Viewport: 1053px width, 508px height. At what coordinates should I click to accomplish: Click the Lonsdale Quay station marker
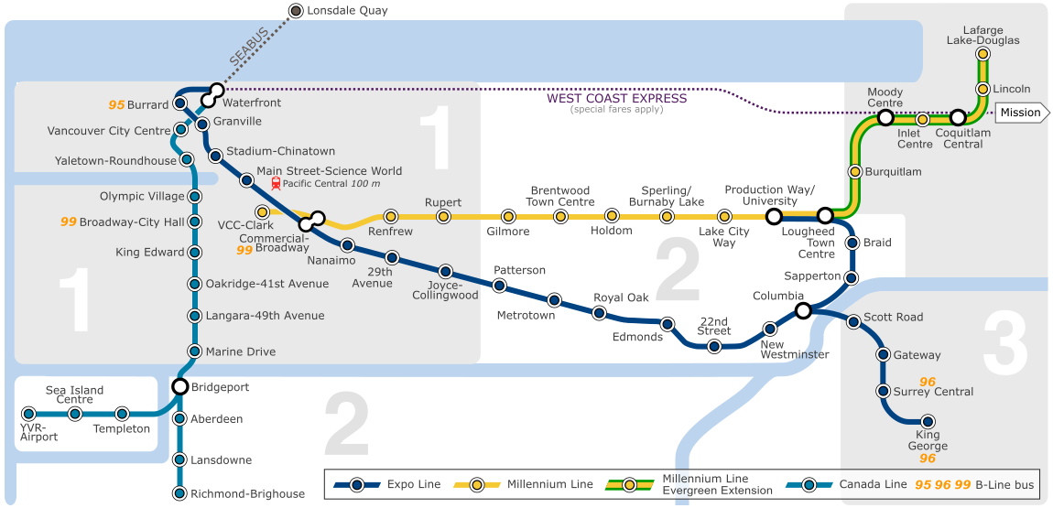296,11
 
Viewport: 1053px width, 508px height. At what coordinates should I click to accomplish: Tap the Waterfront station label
252,103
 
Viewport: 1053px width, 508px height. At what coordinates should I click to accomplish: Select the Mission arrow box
1019,113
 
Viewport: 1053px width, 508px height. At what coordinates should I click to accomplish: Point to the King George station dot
928,422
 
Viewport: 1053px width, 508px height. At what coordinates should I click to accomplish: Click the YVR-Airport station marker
28,414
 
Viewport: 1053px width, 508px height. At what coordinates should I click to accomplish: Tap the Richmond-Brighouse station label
247,494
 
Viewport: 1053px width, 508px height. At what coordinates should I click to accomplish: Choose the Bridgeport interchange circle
180,386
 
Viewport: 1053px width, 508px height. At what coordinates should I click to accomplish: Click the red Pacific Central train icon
276,183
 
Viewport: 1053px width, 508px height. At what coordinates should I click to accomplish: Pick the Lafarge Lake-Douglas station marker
982,54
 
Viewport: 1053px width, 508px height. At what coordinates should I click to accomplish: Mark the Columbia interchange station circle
803,310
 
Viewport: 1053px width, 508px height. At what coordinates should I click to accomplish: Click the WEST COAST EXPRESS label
617,99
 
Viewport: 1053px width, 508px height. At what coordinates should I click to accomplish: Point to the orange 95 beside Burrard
116,105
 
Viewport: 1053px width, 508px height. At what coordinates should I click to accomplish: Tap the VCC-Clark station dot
263,212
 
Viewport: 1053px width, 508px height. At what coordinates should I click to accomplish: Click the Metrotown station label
526,315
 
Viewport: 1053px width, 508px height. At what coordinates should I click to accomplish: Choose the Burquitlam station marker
855,171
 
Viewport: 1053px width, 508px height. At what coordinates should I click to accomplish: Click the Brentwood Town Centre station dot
561,217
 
